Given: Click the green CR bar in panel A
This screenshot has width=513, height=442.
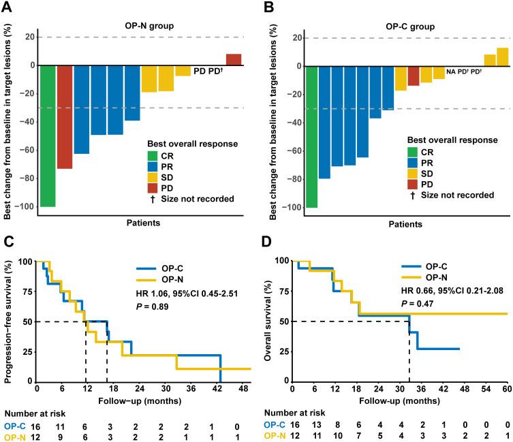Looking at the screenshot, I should click(48, 136).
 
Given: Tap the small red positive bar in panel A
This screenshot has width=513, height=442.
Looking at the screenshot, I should click(234, 59).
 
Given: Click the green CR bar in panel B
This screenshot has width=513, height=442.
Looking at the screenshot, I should click(311, 136).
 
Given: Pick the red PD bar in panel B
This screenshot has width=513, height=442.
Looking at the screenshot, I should click(414, 76).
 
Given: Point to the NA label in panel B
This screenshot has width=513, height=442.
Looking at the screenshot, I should click(451, 71).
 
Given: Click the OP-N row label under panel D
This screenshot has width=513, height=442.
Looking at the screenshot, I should click(278, 435).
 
